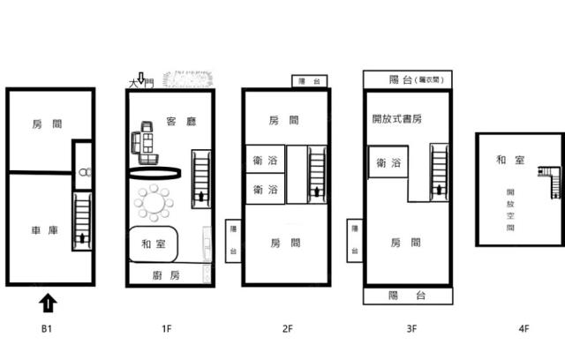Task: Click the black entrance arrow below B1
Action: tap(49, 304)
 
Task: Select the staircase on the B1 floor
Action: tap(82, 221)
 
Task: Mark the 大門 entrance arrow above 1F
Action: tap(140, 82)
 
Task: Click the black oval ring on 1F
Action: tap(154, 173)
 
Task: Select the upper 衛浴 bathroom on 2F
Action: tap(264, 160)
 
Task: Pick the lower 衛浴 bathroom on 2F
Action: tap(264, 189)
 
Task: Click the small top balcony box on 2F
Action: tap(309, 80)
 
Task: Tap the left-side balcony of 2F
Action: tap(233, 241)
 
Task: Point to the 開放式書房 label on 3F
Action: tap(396, 118)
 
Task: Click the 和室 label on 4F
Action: tap(506, 160)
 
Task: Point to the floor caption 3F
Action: tap(411, 329)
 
